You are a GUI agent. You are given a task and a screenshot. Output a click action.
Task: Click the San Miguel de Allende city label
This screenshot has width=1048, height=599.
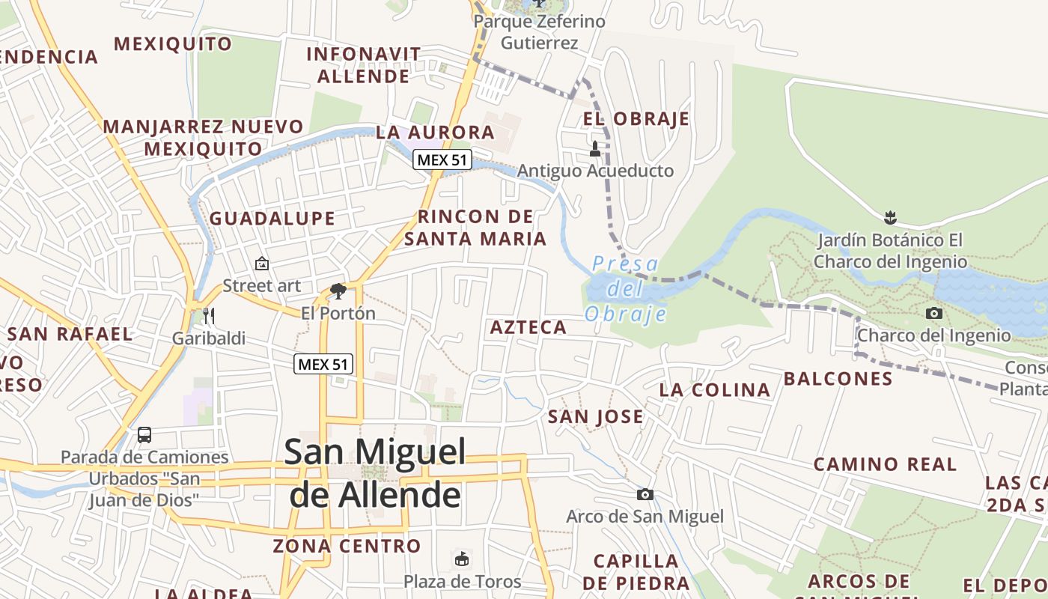[x=376, y=473]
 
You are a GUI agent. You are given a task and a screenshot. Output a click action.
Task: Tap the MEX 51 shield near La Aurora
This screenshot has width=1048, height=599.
[x=442, y=159]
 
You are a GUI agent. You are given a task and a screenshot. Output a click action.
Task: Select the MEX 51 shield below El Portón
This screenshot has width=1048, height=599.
[x=323, y=364]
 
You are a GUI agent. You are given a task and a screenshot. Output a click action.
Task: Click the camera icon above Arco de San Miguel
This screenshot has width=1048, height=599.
[x=645, y=494]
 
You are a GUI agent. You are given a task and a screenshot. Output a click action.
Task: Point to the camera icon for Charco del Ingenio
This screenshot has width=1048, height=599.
[x=933, y=313]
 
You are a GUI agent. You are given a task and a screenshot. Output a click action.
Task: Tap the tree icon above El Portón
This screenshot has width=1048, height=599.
[x=338, y=291]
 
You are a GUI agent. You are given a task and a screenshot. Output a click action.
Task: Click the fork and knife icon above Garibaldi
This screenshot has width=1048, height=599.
[x=209, y=316]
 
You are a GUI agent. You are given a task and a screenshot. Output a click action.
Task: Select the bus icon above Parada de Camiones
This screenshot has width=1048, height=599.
[x=144, y=434]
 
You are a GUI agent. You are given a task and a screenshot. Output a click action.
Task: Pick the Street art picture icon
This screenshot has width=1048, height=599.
[x=262, y=264]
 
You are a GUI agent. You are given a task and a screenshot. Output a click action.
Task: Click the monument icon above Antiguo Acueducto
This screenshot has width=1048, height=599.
[x=595, y=148]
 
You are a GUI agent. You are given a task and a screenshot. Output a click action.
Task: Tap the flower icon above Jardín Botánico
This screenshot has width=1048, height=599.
[x=890, y=218]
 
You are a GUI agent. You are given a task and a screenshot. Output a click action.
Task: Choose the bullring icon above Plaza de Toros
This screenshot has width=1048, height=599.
[x=462, y=559]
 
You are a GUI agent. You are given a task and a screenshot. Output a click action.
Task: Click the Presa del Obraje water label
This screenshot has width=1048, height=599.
[x=624, y=288]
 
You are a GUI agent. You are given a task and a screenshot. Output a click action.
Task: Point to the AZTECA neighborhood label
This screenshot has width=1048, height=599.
[x=528, y=327]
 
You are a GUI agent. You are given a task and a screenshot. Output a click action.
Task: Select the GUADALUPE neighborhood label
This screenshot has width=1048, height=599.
[x=272, y=219]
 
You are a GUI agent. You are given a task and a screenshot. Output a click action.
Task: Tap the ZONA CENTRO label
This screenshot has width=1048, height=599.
[x=347, y=546]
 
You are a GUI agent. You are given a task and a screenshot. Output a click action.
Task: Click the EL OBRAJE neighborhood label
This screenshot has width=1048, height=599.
[x=636, y=119]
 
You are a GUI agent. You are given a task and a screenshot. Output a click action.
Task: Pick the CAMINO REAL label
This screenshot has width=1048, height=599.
[x=885, y=464]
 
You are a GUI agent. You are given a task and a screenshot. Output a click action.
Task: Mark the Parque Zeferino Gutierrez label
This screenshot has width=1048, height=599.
[x=539, y=32]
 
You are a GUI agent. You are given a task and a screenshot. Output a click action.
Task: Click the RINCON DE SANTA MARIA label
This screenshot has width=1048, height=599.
[x=476, y=228]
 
